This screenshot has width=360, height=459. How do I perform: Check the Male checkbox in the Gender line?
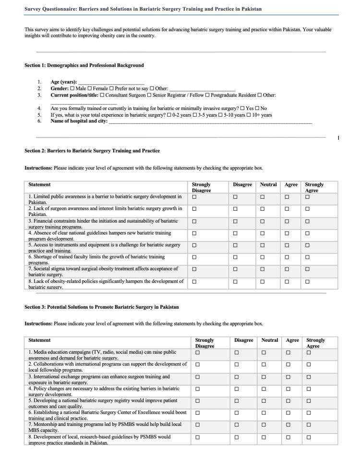point(72,89)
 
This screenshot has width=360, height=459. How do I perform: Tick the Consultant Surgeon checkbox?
point(102,96)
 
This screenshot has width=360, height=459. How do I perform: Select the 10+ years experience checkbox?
point(248,115)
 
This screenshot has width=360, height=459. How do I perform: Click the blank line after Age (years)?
point(111,83)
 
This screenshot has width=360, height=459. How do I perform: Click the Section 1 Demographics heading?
point(84,65)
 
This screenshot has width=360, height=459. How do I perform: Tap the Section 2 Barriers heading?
point(92,151)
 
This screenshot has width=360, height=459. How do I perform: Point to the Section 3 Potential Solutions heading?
point(102,307)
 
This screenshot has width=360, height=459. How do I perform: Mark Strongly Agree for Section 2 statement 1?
point(308,197)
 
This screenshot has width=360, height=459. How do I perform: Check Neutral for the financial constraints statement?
point(263,221)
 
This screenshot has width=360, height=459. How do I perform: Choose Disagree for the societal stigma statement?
point(235,269)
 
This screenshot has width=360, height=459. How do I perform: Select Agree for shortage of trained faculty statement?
point(287,257)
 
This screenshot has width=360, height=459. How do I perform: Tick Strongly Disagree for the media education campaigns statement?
point(197,352)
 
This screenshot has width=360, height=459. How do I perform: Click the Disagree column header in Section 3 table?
point(243,340)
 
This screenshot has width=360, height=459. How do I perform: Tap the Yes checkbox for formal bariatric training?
point(242,109)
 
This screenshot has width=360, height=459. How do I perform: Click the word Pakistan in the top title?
point(252,9)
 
